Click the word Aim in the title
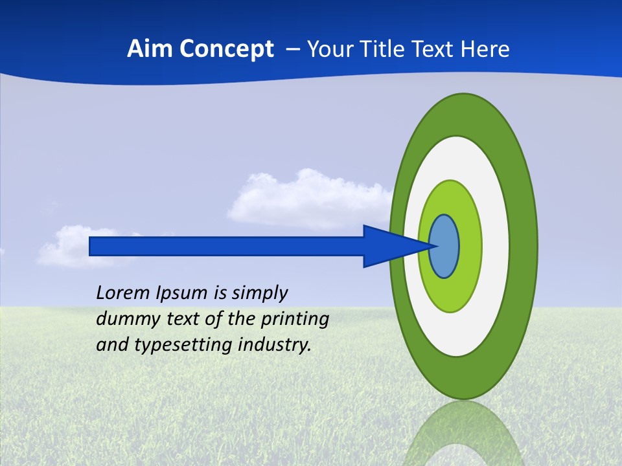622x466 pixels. pyautogui.click(x=146, y=49)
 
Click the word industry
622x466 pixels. pyautogui.click(x=275, y=345)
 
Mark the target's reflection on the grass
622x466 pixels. pyautogui.click(x=463, y=434)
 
